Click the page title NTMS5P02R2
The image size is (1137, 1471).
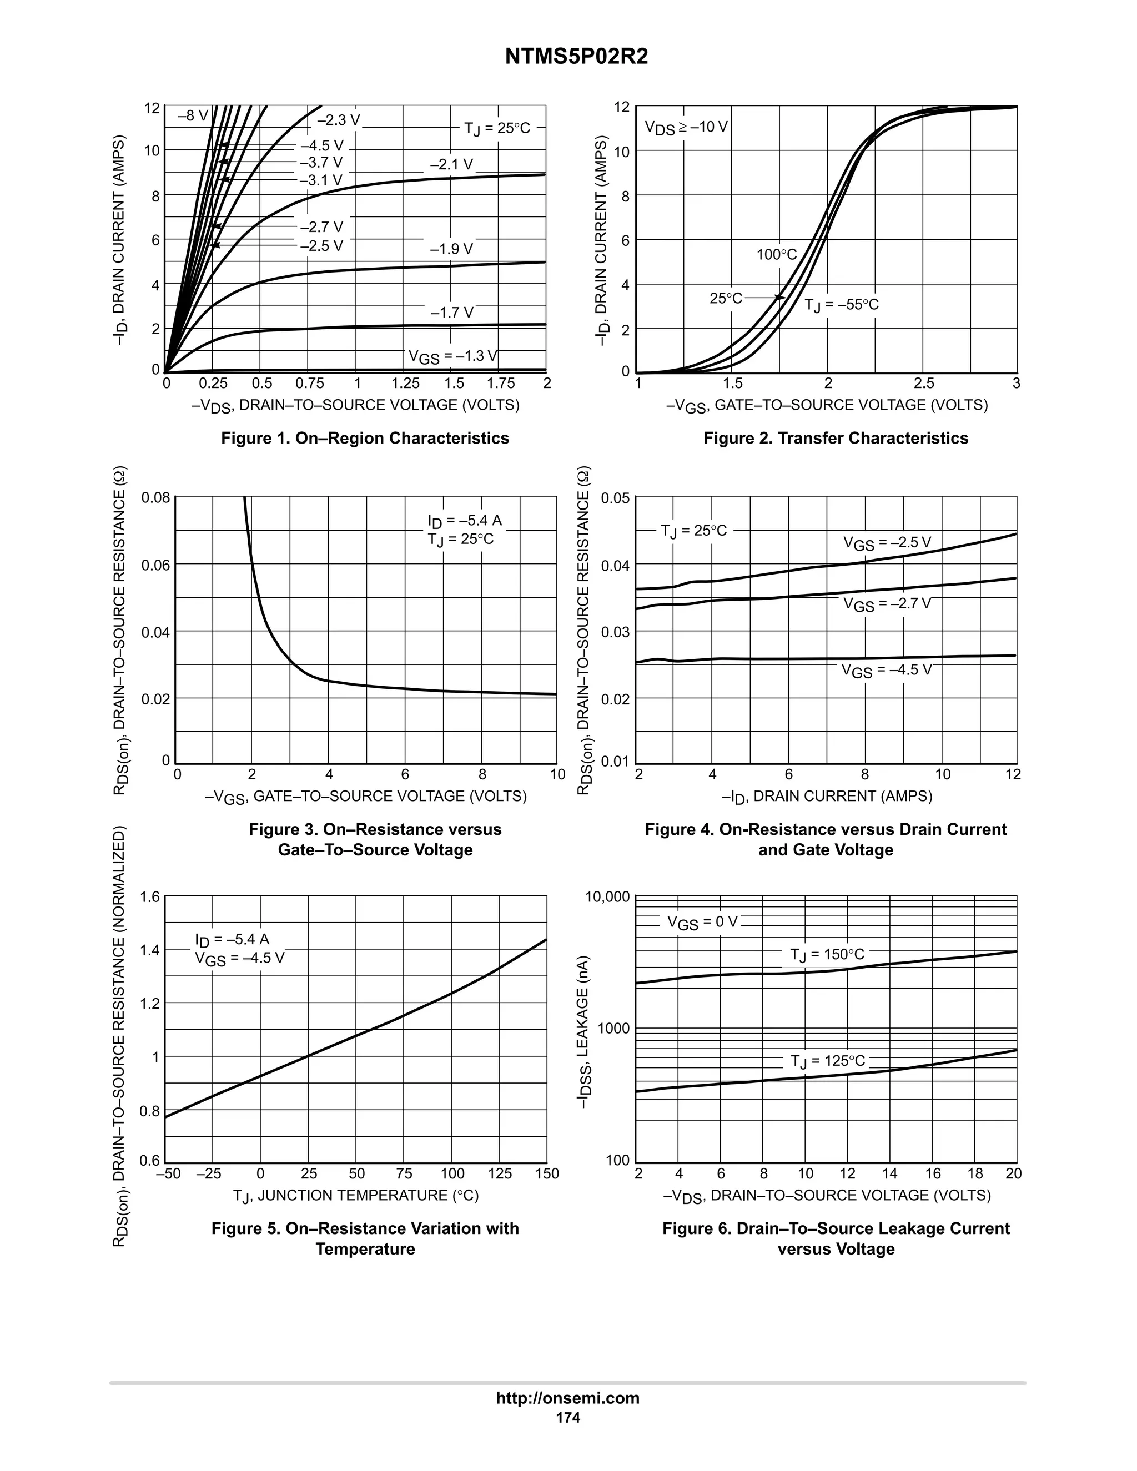[577, 57]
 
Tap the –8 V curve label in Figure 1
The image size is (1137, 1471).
[193, 116]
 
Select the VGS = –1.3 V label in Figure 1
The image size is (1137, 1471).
[452, 356]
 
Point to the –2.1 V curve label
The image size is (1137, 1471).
[451, 164]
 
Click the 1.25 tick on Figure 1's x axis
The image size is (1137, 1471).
[405, 383]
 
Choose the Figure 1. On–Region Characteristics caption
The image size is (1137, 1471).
[365, 438]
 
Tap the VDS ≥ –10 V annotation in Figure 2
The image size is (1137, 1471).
[686, 127]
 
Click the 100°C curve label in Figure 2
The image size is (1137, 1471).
[776, 255]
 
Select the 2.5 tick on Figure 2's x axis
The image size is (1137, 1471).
[923, 383]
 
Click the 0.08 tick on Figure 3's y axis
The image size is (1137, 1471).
[155, 498]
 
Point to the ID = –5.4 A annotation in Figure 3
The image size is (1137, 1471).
[464, 521]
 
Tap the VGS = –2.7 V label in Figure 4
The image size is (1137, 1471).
[887, 604]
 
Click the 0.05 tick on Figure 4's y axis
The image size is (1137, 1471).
[615, 498]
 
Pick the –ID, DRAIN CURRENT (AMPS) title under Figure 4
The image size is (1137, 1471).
[827, 797]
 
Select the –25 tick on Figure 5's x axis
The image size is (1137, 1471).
[208, 1174]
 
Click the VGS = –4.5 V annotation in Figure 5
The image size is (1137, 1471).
[240, 959]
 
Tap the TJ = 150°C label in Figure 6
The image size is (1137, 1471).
[827, 955]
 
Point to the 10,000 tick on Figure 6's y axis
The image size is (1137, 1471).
[607, 897]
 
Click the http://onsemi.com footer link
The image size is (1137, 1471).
[568, 1398]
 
